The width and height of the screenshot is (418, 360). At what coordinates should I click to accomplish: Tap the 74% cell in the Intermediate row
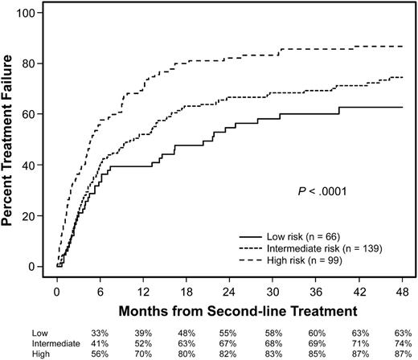[x=399, y=342]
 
